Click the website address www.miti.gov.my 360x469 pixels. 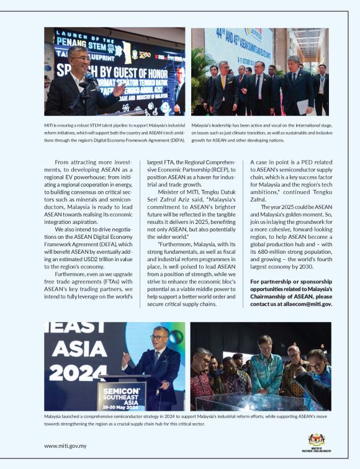click(x=65, y=445)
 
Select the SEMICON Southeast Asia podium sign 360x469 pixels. click(x=122, y=393)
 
